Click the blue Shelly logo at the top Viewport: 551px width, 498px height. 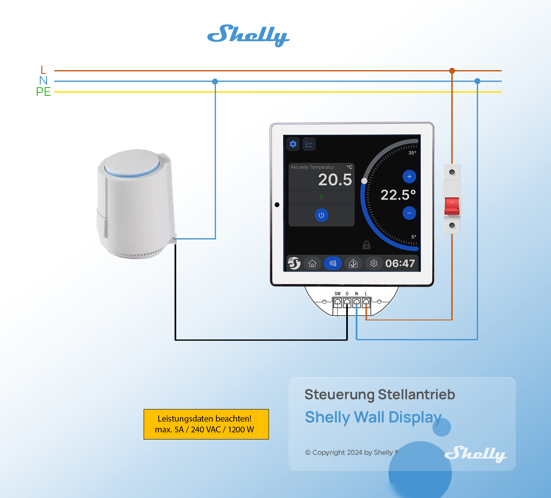(248, 35)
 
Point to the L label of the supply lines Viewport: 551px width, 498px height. (43, 70)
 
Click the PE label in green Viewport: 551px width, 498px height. (44, 92)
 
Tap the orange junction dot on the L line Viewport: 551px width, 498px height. (452, 71)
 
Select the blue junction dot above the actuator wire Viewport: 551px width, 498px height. (215, 81)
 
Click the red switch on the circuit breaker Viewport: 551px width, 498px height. (452, 206)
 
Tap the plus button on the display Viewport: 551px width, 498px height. (409, 177)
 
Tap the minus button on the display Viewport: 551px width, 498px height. (409, 213)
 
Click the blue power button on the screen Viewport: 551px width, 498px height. (321, 215)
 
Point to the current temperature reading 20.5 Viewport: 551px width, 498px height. (335, 180)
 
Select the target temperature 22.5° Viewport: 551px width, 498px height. (398, 195)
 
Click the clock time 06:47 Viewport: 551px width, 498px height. (400, 264)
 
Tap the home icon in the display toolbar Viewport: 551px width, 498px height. (312, 264)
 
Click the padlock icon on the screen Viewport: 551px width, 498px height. (366, 245)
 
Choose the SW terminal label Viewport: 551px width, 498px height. (337, 294)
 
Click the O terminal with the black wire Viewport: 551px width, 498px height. (347, 302)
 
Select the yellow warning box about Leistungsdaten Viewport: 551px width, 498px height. (206, 424)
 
